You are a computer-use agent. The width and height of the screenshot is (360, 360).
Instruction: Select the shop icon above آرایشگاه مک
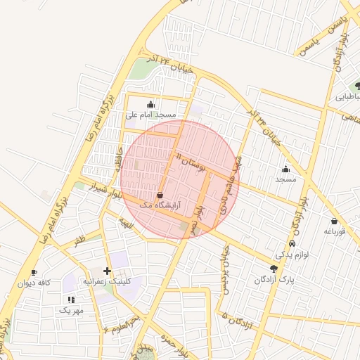[x=160, y=194]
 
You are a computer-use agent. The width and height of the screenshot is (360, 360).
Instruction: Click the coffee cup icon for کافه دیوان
[x=34, y=273]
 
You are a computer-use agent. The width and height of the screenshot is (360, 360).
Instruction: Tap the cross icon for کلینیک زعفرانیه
[x=107, y=271]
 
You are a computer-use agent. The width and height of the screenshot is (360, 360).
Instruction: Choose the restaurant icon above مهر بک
[x=70, y=300]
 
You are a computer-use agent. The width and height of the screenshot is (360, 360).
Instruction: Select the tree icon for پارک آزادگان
[x=274, y=269]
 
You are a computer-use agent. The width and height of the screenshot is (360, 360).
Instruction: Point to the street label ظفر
[x=79, y=240]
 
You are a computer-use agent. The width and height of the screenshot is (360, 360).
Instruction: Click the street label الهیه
[x=126, y=223]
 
